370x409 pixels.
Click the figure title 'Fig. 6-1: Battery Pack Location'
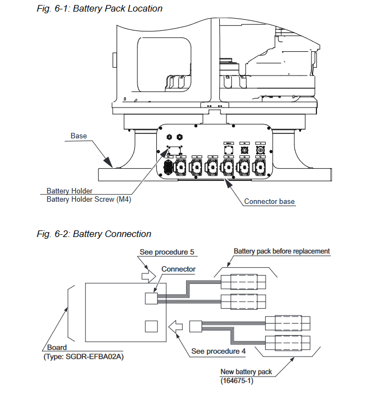click(99, 9)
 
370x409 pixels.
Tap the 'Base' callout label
click(78, 136)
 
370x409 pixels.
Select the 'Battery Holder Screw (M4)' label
click(89, 200)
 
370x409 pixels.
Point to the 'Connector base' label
click(269, 202)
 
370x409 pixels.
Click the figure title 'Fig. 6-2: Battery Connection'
click(94, 234)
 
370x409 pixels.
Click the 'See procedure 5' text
click(167, 252)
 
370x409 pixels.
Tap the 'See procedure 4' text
click(219, 351)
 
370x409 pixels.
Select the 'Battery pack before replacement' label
click(282, 251)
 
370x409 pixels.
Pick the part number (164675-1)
click(237, 381)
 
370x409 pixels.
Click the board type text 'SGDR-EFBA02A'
click(94, 357)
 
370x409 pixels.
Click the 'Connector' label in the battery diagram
click(178, 269)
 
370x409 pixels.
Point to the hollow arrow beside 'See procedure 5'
click(149, 276)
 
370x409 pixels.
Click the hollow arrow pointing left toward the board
click(176, 326)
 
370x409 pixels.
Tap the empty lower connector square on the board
click(151, 326)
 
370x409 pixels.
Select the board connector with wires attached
click(151, 298)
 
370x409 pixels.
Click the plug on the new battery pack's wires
click(195, 326)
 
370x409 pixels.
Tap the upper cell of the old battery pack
click(244, 282)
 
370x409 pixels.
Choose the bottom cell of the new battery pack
click(288, 343)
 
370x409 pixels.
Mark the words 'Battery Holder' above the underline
click(70, 191)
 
